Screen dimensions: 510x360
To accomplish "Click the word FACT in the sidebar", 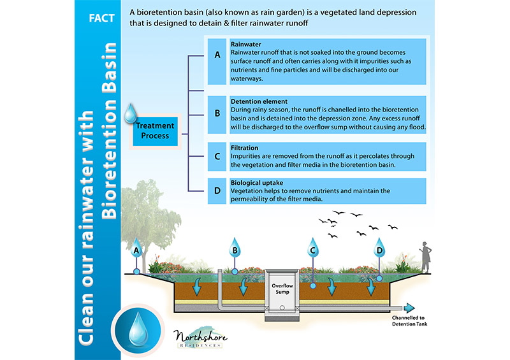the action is [101, 18].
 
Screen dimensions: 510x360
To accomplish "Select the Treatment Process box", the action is [155, 131].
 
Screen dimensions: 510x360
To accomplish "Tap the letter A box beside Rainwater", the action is [217, 61].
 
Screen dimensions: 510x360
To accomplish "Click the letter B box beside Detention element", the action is [217, 115].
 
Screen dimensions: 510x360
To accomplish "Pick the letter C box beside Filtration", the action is [217, 156].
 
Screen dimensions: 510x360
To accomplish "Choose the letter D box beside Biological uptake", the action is [217, 191].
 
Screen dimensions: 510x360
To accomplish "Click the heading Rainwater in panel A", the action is [246, 44].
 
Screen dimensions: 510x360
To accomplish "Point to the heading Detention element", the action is [259, 101].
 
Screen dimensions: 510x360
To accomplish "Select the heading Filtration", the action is [245, 148].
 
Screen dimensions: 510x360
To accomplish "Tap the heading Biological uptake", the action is [257, 183].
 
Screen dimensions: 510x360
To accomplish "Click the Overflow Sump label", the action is [282, 289].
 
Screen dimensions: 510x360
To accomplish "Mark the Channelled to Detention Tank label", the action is [409, 321].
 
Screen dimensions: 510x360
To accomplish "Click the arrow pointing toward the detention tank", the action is [409, 308].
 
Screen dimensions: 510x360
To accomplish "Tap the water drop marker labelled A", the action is [136, 248].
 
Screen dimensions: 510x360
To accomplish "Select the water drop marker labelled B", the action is [235, 248].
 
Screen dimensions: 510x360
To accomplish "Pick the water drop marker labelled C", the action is [312, 248].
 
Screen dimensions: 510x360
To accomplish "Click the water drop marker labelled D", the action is [379, 248].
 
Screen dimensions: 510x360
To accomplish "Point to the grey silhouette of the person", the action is [426, 257].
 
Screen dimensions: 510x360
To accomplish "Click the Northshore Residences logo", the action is [200, 338].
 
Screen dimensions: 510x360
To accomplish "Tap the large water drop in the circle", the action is [138, 329].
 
